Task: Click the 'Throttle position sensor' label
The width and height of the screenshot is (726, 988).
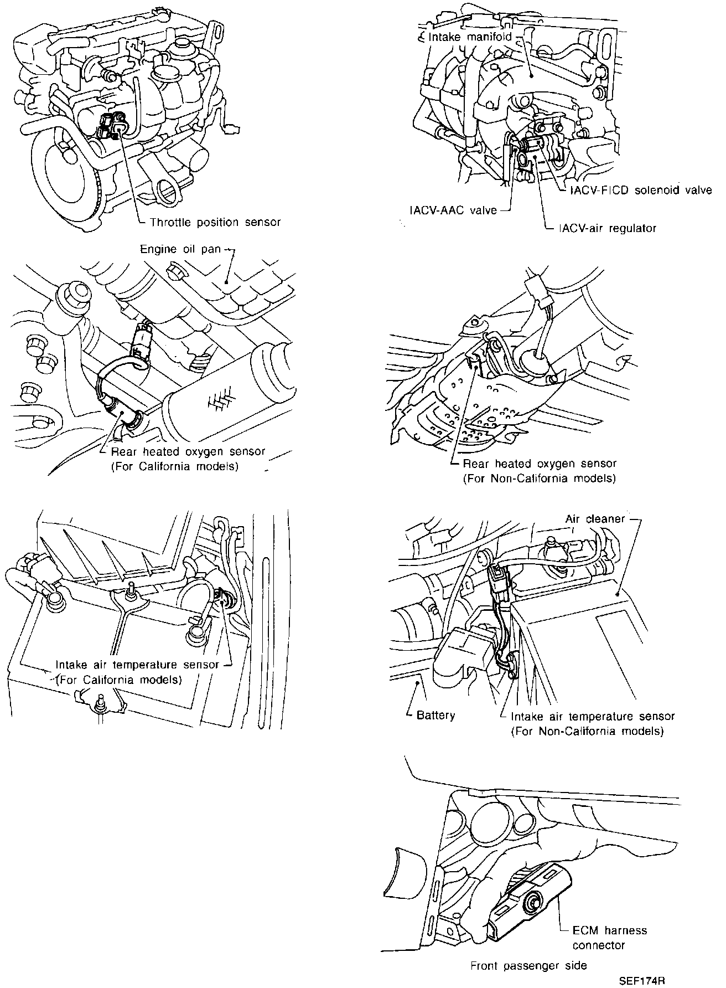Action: (215, 223)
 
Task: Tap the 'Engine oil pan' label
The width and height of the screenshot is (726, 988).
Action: (180, 250)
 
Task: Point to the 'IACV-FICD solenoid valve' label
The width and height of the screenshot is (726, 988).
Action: (641, 190)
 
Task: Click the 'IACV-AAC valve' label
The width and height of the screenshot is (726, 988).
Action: (453, 210)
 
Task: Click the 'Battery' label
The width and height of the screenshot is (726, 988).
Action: (435, 715)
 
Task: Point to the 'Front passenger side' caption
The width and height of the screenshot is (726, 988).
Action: (528, 966)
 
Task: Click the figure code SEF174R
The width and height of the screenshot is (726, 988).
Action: (641, 981)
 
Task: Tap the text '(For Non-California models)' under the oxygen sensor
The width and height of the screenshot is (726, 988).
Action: (539, 479)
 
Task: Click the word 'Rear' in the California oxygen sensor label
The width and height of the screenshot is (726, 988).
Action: (124, 452)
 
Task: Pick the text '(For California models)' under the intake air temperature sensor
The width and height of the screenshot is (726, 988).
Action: (119, 679)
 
